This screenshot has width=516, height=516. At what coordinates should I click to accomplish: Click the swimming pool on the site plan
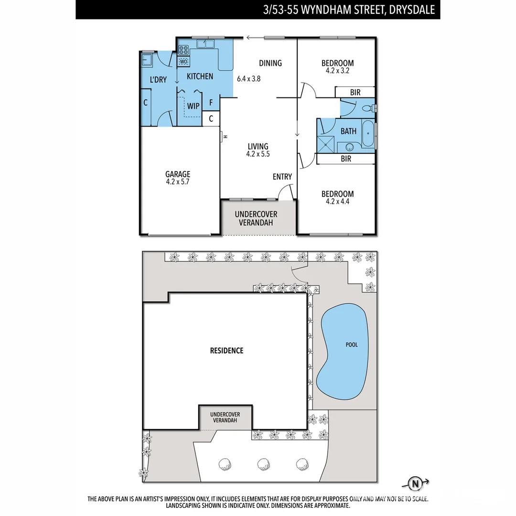344,351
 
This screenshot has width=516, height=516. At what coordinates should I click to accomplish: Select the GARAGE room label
178,174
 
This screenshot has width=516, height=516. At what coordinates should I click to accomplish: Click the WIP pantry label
193,106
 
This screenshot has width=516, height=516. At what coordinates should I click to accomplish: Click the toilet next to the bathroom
368,108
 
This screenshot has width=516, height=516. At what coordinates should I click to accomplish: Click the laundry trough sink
147,60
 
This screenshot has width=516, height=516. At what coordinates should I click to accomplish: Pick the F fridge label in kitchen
211,102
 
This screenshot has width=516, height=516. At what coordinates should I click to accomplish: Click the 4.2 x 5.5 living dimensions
258,154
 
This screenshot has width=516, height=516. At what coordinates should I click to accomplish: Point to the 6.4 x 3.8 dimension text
248,79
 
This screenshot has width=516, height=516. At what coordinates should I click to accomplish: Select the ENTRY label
282,177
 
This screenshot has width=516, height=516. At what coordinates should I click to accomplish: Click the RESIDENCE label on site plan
226,351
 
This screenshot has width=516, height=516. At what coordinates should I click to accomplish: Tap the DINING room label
270,63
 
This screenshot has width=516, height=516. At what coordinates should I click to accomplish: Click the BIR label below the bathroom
346,159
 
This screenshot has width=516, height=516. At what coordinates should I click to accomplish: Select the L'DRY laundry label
158,80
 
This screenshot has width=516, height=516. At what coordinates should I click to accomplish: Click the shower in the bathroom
327,143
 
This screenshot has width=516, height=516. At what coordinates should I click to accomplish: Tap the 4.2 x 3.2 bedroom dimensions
337,70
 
